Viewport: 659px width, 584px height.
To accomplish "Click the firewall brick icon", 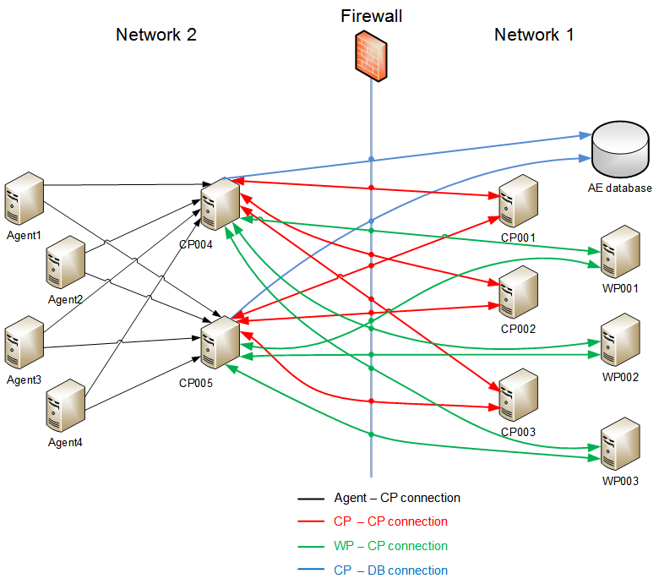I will pyautogui.click(x=370, y=56).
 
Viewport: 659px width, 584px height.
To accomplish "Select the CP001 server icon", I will pyautogui.click(x=519, y=201).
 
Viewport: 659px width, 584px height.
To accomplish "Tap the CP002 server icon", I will pyautogui.click(x=519, y=292).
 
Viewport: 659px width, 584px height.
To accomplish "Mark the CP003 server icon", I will pyautogui.click(x=519, y=396).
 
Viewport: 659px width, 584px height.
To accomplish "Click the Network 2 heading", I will pyautogui.click(x=156, y=35).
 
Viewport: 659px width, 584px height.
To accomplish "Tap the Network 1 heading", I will pyautogui.click(x=534, y=35).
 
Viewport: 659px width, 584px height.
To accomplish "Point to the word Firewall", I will pyautogui.click(x=370, y=16).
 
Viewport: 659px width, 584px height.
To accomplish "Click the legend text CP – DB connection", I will pyautogui.click(x=390, y=570).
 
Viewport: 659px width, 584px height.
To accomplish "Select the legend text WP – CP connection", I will pyautogui.click(x=390, y=546).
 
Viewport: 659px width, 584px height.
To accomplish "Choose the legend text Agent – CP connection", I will pyautogui.click(x=397, y=498).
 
